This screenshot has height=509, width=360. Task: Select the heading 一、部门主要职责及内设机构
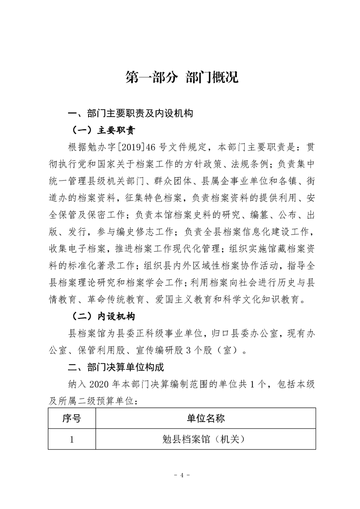(130, 114)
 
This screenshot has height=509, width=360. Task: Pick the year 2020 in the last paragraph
(100, 384)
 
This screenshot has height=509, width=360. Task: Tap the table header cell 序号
(71, 418)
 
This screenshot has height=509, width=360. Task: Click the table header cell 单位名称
(205, 418)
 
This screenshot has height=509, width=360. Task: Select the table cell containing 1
(71, 439)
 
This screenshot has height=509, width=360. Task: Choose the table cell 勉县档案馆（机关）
(205, 439)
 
